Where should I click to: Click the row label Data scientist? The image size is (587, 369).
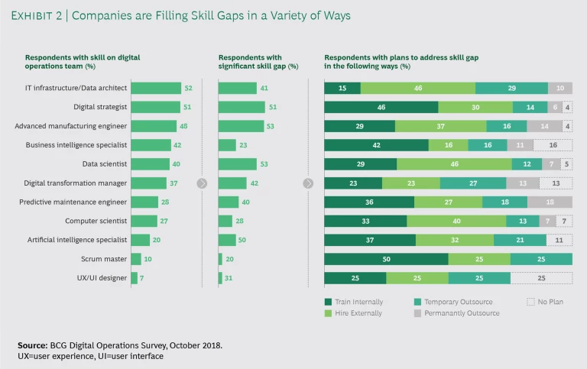[105, 163]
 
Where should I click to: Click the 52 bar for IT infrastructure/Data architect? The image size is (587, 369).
[156, 88]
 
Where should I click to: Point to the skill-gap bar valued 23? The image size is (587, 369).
[227, 145]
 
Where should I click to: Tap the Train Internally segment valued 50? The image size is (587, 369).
[386, 259]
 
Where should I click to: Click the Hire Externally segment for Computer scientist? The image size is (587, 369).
[456, 221]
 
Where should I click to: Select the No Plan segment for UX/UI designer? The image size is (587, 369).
[541, 278]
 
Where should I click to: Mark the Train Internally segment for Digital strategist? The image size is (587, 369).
[381, 107]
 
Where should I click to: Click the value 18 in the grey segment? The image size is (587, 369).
[550, 202]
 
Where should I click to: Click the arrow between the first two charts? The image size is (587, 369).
[203, 183]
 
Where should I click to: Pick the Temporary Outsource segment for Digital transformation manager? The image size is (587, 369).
[473, 183]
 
